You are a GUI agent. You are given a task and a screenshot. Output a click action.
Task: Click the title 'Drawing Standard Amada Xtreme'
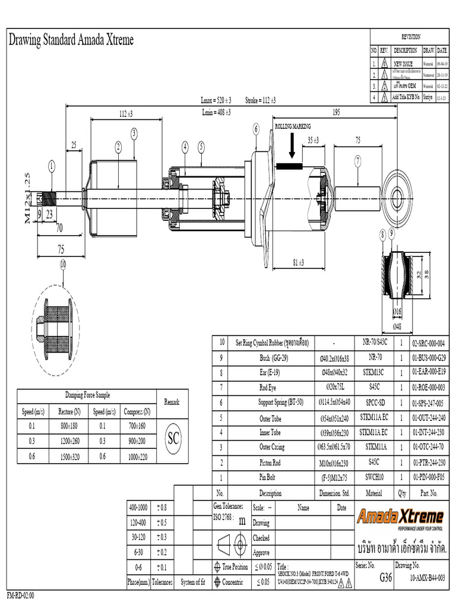pos(71,40)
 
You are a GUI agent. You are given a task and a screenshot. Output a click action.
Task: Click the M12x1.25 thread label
pos(27,198)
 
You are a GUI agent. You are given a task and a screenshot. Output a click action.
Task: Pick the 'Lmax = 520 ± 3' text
pos(216,100)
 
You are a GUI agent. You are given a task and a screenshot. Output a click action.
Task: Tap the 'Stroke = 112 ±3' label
pos(261,100)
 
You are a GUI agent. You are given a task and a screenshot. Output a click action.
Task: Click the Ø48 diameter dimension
pos(397,327)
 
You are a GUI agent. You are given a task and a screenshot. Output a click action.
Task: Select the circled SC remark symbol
pos(173,438)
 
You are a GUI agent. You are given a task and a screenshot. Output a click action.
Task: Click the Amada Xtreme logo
pos(400,517)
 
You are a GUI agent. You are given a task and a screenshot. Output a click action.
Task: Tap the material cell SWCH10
pos(374,477)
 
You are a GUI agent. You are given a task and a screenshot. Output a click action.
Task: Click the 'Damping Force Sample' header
pos(87,395)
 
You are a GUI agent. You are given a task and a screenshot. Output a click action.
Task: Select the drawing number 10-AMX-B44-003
pos(428,577)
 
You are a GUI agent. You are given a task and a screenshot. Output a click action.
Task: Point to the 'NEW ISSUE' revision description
pos(404,64)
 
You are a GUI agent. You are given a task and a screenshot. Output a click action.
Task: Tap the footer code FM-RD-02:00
pos(21,596)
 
